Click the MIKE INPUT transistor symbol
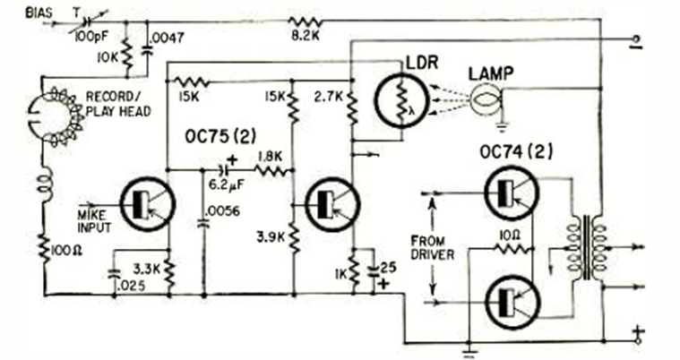tap(142, 202)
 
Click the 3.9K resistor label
tap(269, 239)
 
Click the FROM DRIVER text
tap(433, 248)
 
